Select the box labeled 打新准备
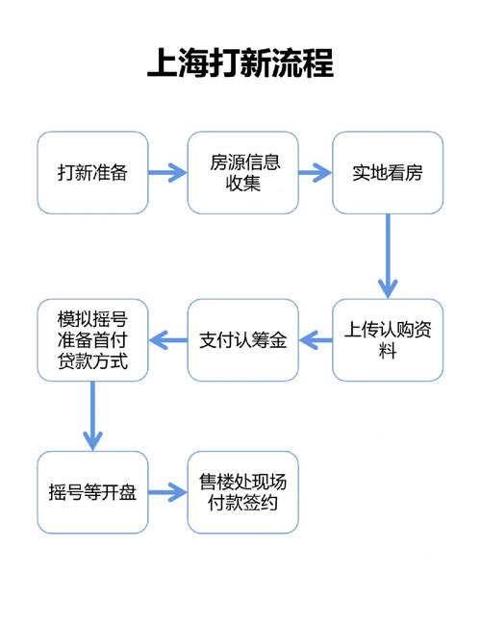pos(92,173)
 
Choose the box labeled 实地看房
pos(388,173)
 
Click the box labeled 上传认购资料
pos(388,340)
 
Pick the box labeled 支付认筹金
pos(242,340)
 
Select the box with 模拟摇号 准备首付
pos(92,340)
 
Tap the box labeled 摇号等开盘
pos(92,492)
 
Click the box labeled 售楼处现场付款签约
pos(242,492)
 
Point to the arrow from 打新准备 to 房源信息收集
pos(167,173)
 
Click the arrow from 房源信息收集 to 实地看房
pos(315,173)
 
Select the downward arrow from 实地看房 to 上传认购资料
pos(388,256)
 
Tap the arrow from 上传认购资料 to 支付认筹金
pos(315,340)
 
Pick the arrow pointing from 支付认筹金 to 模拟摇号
pos(168,340)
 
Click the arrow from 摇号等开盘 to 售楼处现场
pos(167,492)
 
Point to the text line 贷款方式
pos(92,364)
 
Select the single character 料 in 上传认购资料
pos(388,352)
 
